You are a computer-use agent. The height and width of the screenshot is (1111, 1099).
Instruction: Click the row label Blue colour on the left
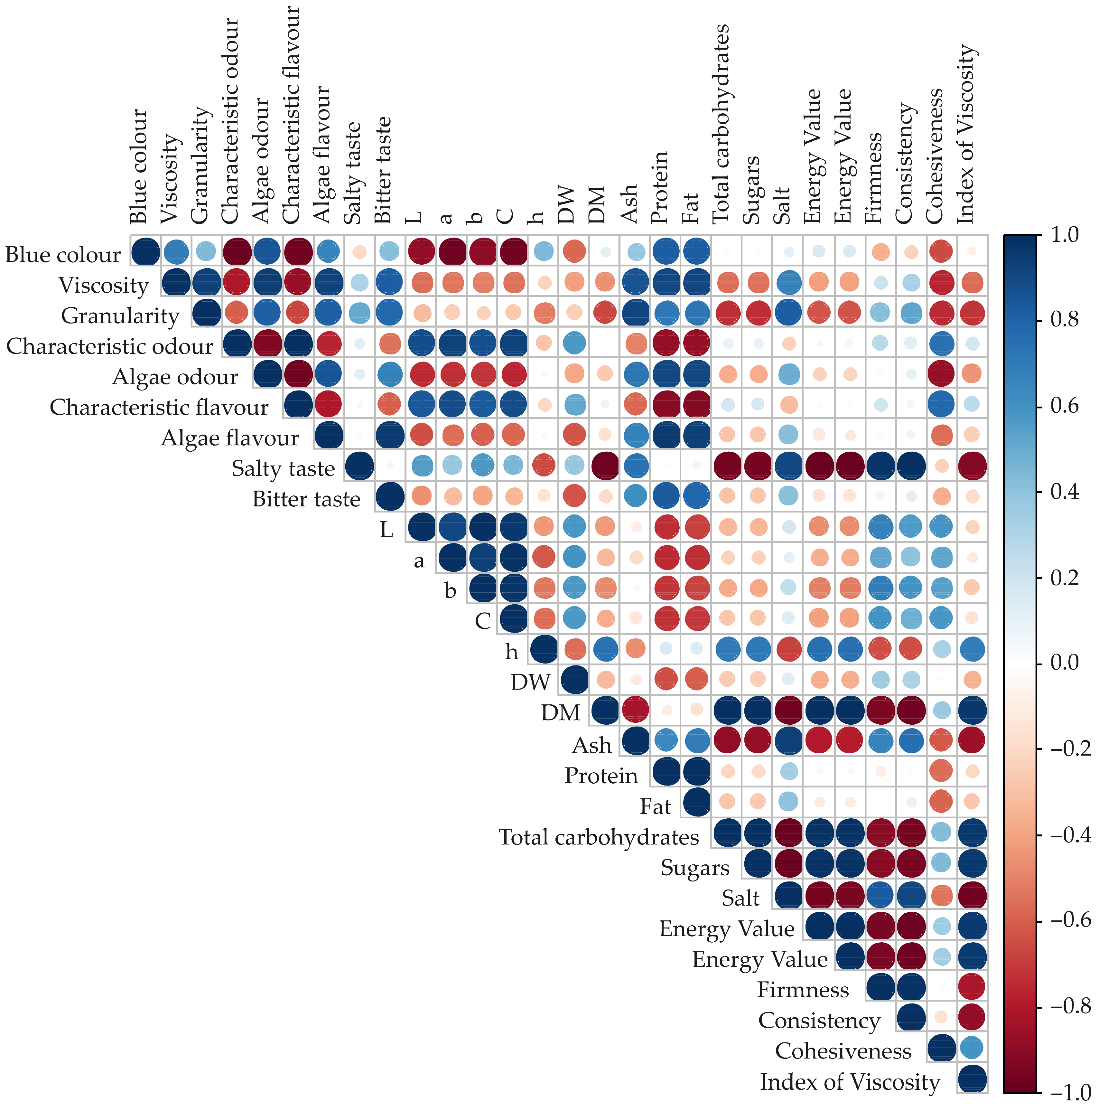point(63,254)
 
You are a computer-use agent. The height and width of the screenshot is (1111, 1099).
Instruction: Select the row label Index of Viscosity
point(850,1082)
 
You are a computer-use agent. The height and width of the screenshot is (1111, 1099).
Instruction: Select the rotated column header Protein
point(660,187)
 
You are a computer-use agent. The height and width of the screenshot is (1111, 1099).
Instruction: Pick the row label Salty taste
point(283,469)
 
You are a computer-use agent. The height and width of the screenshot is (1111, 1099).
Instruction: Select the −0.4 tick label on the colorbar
point(1070,834)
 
